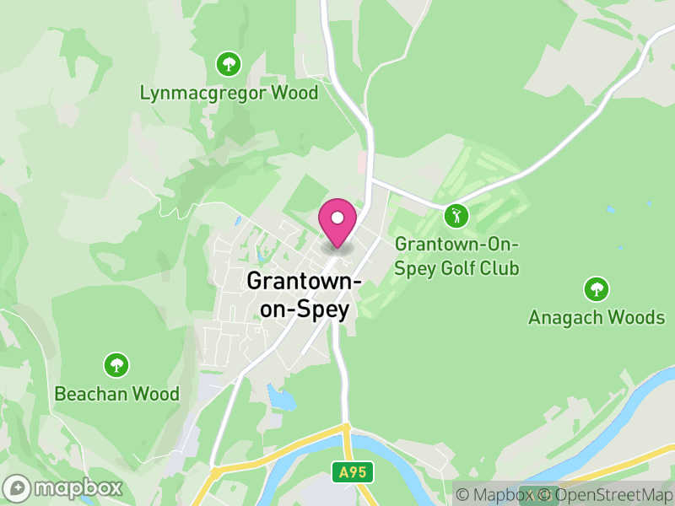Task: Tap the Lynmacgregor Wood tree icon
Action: coord(228,63)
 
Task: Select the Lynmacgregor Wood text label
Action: coord(229,93)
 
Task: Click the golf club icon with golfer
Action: coord(456,216)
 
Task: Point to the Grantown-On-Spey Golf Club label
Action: coord(456,256)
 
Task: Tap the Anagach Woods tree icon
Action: coord(597,289)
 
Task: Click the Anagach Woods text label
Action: coord(597,318)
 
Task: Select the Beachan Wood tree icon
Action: coord(116,365)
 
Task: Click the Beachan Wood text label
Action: coord(116,394)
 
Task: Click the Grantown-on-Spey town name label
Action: coord(305,295)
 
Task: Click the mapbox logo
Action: coord(64,487)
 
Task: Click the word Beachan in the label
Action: coord(89,394)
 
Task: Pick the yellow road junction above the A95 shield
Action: coord(345,428)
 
